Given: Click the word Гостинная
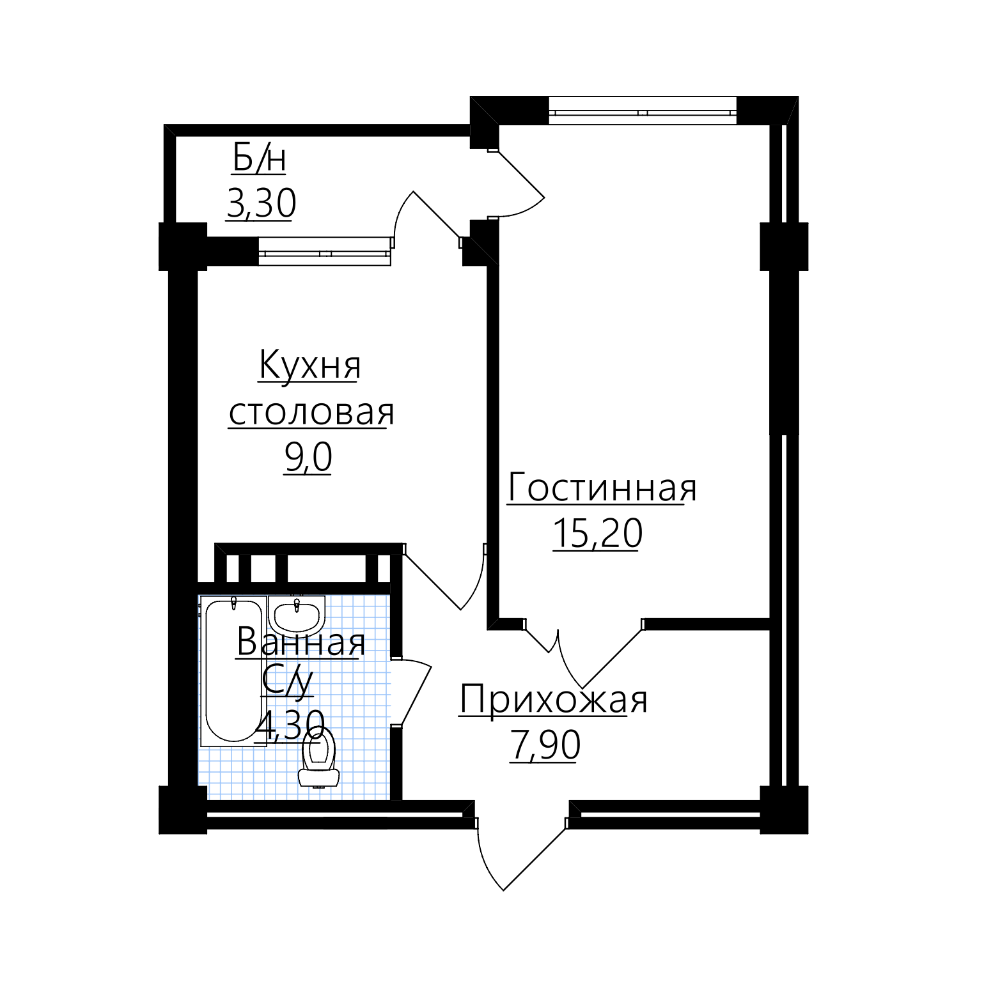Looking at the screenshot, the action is pyautogui.click(x=602, y=488).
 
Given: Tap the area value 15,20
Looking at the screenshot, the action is pyautogui.click(x=597, y=533).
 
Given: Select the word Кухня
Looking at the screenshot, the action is pyautogui.click(x=309, y=366).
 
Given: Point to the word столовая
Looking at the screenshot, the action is pyautogui.click(x=311, y=412).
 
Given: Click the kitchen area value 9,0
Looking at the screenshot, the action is pyautogui.click(x=308, y=457).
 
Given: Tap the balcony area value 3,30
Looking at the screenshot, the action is pyautogui.click(x=261, y=203).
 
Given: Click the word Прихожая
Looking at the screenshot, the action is pyautogui.click(x=554, y=700).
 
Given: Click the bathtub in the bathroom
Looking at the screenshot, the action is pyautogui.click(x=234, y=671).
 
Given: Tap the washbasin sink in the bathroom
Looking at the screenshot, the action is pyautogui.click(x=297, y=616).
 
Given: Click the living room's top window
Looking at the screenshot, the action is pyautogui.click(x=643, y=110).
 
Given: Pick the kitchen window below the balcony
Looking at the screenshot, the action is pyautogui.click(x=325, y=251).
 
